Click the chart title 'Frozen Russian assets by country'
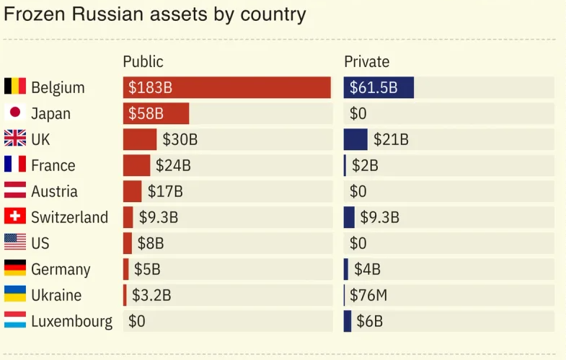[155, 14]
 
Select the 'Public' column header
[143, 61]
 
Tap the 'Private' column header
[366, 61]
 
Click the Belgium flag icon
[15, 87]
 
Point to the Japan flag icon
[15, 113]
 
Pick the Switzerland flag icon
[15, 217]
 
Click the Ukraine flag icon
[15, 295]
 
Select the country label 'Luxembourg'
[71, 321]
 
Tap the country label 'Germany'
[61, 269]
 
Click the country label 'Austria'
[54, 191]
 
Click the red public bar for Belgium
[226, 87]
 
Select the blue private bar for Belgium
[379, 87]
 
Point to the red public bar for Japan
[156, 113]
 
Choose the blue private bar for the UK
[355, 139]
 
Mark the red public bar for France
[136, 165]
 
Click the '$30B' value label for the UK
[180, 139]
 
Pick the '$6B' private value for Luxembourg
[369, 321]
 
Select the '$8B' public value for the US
[150, 243]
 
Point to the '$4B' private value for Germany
[367, 269]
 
